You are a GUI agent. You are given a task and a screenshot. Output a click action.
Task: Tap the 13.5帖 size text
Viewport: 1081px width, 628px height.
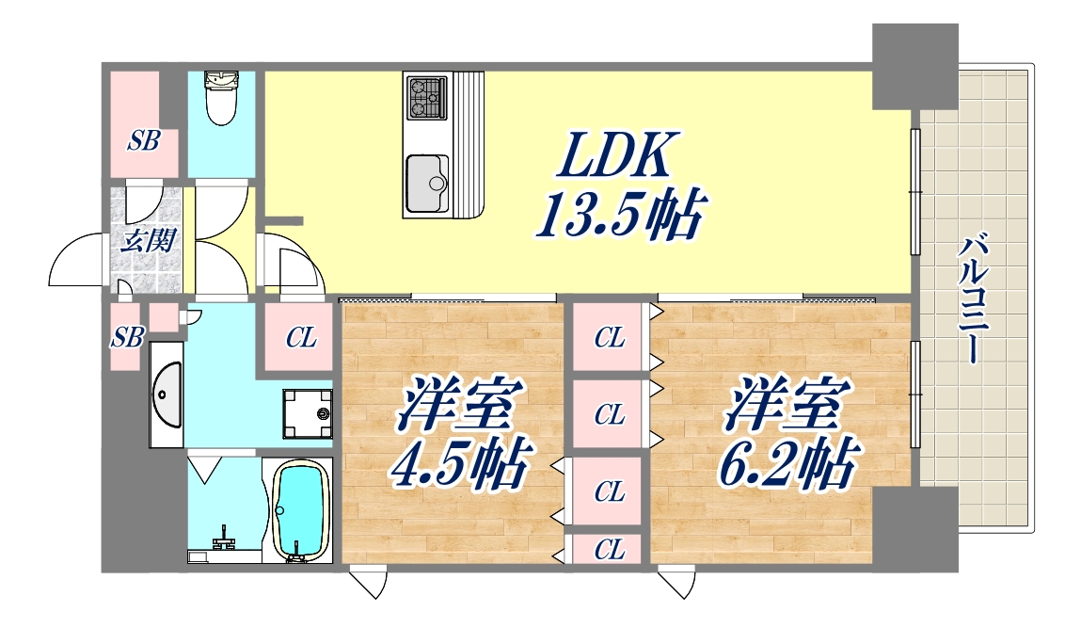click(620, 215)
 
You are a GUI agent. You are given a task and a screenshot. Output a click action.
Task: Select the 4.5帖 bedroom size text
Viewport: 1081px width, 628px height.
click(460, 461)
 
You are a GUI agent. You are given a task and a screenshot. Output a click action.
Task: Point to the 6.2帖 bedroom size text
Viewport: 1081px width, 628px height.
click(788, 461)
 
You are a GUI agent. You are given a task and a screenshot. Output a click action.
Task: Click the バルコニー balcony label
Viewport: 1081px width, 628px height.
click(974, 298)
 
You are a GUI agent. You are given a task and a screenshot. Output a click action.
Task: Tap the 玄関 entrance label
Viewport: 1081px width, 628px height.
click(149, 242)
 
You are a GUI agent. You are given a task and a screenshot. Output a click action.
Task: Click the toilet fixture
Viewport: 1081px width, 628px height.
click(221, 98)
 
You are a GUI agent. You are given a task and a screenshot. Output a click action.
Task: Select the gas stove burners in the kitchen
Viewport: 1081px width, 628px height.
click(427, 97)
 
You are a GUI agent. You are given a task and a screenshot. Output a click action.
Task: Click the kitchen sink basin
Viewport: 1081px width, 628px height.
click(427, 183)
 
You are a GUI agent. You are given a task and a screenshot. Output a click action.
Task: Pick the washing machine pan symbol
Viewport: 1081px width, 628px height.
click(307, 413)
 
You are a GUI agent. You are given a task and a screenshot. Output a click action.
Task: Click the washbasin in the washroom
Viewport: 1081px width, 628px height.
click(167, 395)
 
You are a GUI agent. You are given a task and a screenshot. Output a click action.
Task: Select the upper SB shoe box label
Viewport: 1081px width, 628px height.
click(143, 141)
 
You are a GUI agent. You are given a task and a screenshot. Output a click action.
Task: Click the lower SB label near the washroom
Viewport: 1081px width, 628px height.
click(128, 337)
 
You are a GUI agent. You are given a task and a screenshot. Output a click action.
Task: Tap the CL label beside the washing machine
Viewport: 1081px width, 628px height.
click(301, 337)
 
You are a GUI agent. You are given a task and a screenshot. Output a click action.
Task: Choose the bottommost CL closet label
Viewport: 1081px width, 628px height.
click(611, 550)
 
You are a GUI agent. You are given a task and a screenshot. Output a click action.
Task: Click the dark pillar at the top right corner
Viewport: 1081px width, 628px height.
click(914, 66)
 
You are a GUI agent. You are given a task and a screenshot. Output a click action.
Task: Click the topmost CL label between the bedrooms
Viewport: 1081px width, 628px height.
click(611, 337)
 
